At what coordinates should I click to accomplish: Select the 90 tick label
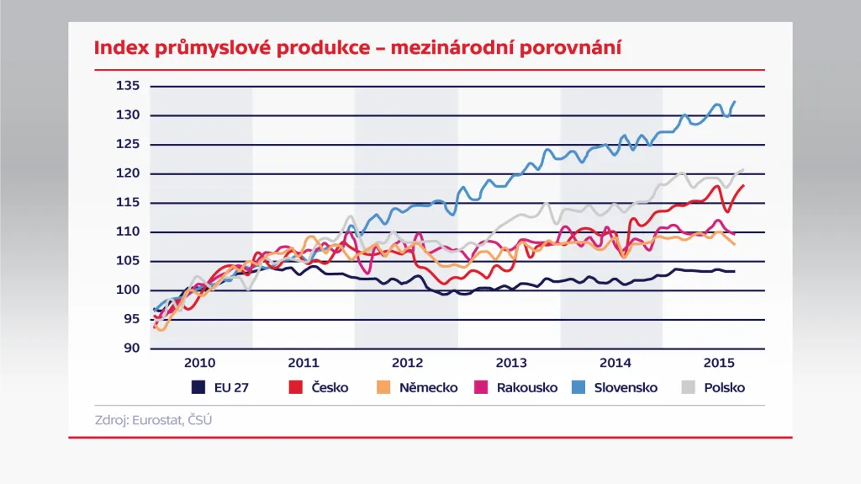pos(130,348)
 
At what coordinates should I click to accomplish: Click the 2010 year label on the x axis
pos(199,364)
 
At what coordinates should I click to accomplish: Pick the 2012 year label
pos(407,364)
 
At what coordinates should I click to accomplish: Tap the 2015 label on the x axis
pos(717,364)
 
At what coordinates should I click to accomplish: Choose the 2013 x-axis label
pos(511,364)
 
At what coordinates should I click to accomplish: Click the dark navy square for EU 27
pos(198,388)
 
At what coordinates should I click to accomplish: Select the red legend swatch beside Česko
pos(295,388)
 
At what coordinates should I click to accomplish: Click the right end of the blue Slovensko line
pos(735,102)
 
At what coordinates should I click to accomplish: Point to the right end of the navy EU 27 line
pos(735,271)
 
